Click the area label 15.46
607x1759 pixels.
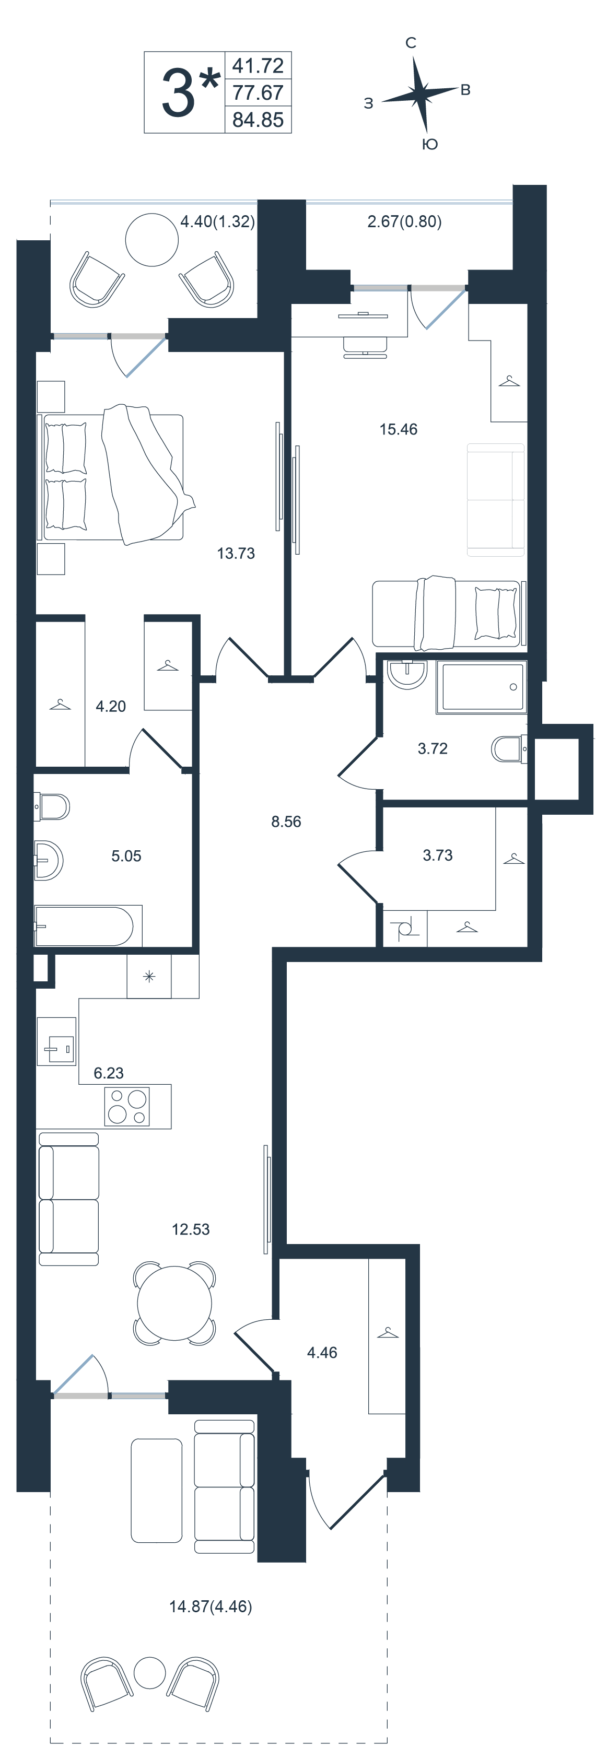[x=398, y=429]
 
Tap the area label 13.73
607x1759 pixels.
[x=236, y=553]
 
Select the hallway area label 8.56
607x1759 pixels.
[x=286, y=822]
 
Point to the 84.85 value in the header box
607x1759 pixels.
[x=258, y=120]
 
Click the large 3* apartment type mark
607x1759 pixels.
[x=190, y=91]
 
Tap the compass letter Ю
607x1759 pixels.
[x=429, y=144]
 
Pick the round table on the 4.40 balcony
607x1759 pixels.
[x=152, y=240]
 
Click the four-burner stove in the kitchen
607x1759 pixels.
[x=127, y=1106]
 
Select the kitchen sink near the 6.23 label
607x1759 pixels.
[x=56, y=1041]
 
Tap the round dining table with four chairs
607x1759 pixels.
[x=174, y=1304]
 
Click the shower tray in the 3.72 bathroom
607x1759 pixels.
[x=482, y=687]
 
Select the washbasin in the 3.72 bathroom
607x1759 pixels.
[x=407, y=674]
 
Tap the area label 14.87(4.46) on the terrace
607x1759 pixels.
[x=211, y=1606]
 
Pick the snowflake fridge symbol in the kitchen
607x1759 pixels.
[x=149, y=977]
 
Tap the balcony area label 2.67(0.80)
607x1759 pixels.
[x=404, y=221]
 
